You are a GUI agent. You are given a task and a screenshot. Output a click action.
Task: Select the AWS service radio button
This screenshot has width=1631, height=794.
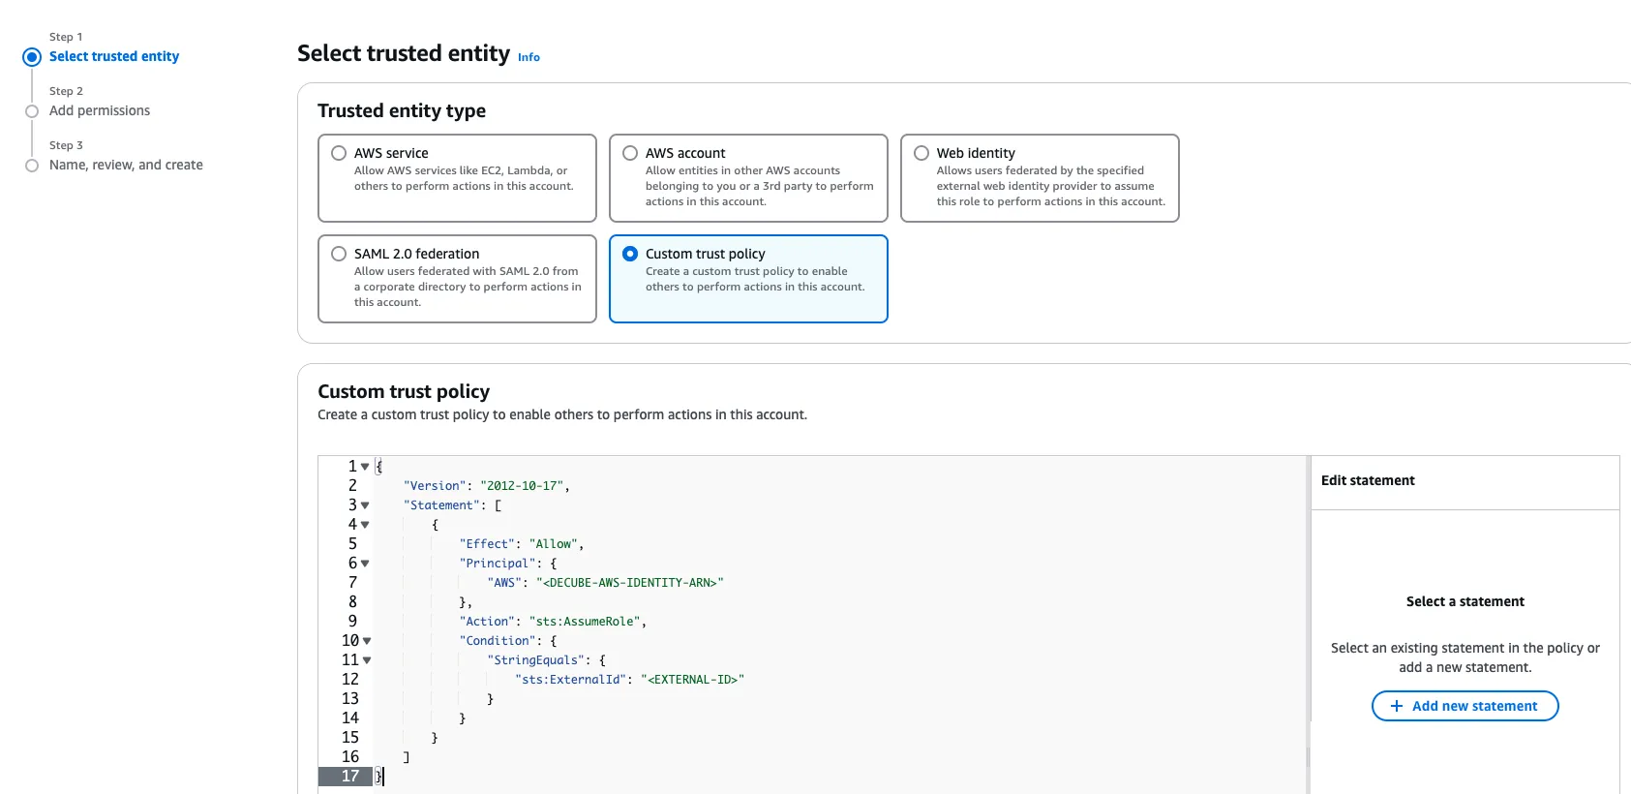(339, 153)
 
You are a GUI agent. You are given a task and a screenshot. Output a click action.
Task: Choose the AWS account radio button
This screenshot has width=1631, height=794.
(630, 153)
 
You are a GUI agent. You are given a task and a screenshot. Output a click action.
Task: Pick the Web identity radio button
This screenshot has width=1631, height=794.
(921, 153)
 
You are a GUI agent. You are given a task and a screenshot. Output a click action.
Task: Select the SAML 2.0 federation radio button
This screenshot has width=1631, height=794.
(339, 254)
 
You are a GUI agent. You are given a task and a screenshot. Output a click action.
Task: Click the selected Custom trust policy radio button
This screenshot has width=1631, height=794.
(630, 254)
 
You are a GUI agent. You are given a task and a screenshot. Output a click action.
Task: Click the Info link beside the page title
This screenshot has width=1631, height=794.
(529, 57)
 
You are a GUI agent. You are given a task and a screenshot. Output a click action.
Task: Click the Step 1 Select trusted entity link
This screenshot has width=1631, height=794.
(114, 56)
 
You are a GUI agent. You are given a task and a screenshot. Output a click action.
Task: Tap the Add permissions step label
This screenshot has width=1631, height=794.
(100, 110)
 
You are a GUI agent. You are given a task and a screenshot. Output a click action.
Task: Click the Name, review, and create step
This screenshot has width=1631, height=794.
(126, 165)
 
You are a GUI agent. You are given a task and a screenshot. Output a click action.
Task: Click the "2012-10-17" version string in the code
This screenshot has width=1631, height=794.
(522, 486)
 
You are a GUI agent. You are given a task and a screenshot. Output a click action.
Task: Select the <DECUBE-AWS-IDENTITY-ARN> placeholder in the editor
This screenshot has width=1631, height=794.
(630, 583)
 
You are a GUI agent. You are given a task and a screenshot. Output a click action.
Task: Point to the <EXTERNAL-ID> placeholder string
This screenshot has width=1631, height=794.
(692, 680)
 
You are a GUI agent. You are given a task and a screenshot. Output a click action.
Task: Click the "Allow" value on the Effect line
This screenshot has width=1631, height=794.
(554, 544)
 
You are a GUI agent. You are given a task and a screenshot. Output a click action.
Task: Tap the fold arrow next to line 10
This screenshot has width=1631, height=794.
(367, 641)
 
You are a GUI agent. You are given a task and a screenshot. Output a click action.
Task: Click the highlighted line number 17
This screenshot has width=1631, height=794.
(349, 776)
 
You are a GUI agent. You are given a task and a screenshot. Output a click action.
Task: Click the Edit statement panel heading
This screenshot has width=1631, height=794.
(1368, 480)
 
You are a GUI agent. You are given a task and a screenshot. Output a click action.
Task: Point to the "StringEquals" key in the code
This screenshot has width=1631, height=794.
(536, 660)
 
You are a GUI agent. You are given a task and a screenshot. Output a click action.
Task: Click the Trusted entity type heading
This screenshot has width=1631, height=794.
(402, 110)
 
